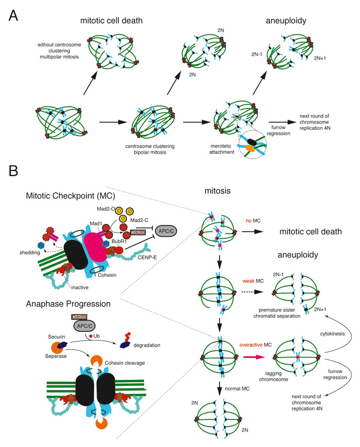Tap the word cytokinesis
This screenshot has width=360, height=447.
(330, 332)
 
